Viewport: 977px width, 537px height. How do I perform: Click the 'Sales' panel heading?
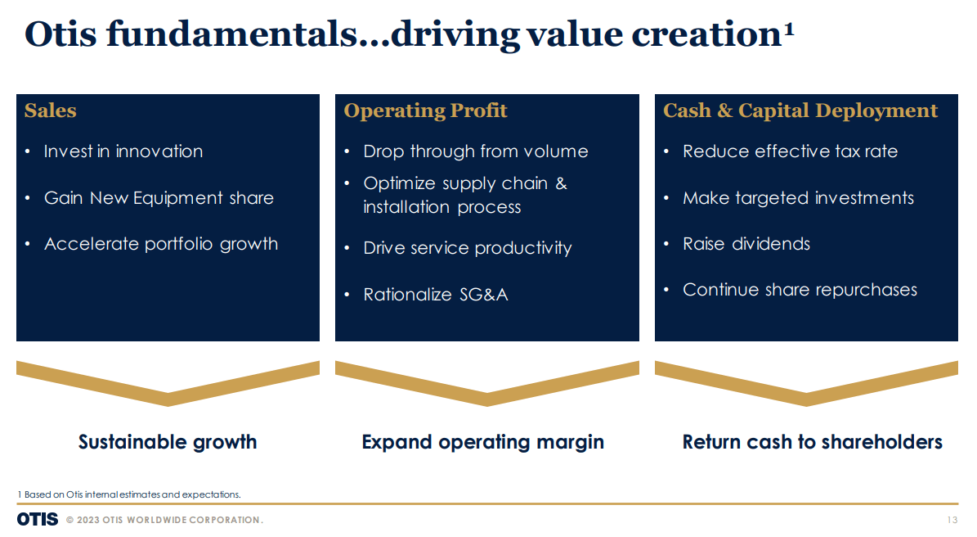(x=51, y=111)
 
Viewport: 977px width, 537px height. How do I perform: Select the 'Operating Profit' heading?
(x=425, y=111)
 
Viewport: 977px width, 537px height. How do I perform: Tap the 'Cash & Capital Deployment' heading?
(x=800, y=111)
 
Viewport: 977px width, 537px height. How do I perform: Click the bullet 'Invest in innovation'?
(x=123, y=151)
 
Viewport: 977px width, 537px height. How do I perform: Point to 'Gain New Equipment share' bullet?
(x=159, y=198)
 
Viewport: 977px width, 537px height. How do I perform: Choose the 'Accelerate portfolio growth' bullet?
(x=161, y=244)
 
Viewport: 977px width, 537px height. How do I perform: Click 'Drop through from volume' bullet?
(x=476, y=151)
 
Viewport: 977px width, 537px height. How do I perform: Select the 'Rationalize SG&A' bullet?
(x=436, y=295)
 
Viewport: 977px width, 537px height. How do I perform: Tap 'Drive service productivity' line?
(x=468, y=248)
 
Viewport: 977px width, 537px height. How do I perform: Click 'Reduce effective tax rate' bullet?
(x=790, y=151)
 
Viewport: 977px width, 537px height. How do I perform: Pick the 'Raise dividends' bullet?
(x=746, y=244)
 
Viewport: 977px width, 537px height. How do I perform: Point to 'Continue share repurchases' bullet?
(x=800, y=290)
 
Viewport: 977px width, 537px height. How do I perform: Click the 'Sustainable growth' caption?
(x=168, y=442)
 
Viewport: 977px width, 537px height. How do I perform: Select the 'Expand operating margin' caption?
(x=483, y=442)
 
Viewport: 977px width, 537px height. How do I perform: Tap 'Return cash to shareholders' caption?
(x=812, y=442)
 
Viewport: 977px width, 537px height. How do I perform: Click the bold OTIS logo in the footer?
(x=38, y=520)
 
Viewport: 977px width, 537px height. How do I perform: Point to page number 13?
(x=952, y=521)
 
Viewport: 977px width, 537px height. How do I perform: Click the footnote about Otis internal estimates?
(x=129, y=494)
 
